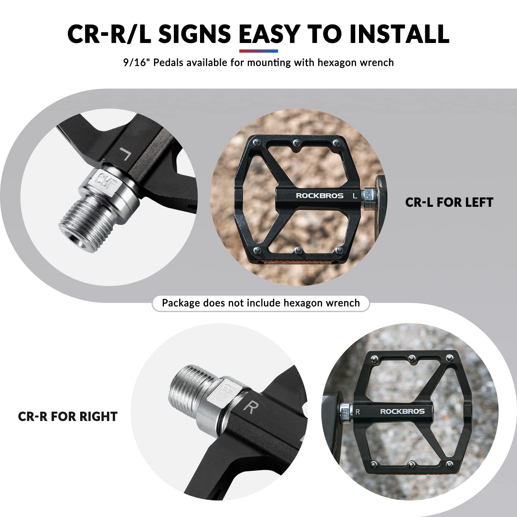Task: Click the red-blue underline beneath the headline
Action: point(258,51)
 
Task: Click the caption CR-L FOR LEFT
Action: point(449,203)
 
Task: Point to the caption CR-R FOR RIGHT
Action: point(68,417)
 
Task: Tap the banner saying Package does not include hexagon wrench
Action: point(261,303)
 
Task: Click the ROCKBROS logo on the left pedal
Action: point(320,195)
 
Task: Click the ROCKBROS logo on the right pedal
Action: point(402,411)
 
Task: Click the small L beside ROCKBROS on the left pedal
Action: point(355,196)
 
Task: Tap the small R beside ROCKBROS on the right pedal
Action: point(357,412)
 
